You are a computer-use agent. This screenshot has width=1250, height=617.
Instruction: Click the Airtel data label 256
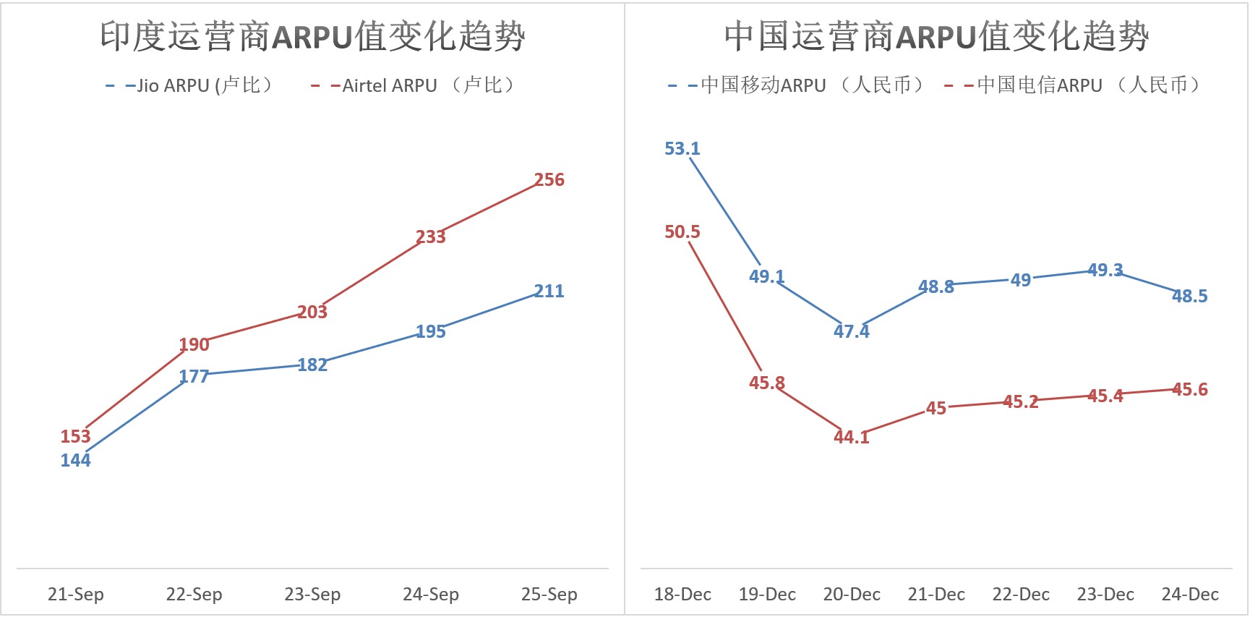tap(549, 179)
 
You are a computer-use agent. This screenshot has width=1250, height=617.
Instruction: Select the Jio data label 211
tap(549, 291)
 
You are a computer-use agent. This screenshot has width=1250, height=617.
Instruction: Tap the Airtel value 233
tap(430, 237)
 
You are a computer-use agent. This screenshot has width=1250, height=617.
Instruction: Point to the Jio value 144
tap(75, 460)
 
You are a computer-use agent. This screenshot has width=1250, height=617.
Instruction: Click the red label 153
tap(75, 436)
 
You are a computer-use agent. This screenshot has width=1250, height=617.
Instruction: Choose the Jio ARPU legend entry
tap(191, 85)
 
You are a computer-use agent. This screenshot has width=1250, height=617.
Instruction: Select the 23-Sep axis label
tap(312, 594)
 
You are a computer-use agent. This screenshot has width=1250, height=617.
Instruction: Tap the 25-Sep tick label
tap(549, 594)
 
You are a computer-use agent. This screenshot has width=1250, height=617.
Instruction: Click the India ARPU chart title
tap(312, 36)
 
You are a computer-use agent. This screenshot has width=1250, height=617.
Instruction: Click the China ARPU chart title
tap(936, 36)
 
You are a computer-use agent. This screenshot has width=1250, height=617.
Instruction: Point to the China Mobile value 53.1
tap(682, 148)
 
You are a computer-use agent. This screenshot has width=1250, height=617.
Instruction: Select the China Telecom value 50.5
tap(682, 231)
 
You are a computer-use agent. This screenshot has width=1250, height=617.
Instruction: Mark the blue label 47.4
tap(851, 331)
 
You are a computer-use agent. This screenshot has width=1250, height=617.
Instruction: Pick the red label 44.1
tap(851, 437)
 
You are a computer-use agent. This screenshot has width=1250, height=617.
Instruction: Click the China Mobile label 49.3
tap(1105, 270)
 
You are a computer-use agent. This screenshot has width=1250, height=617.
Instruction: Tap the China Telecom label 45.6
tap(1189, 389)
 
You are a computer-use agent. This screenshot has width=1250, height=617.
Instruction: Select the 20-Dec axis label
tap(851, 594)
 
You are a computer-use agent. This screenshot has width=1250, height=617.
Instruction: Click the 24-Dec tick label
tap(1189, 594)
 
